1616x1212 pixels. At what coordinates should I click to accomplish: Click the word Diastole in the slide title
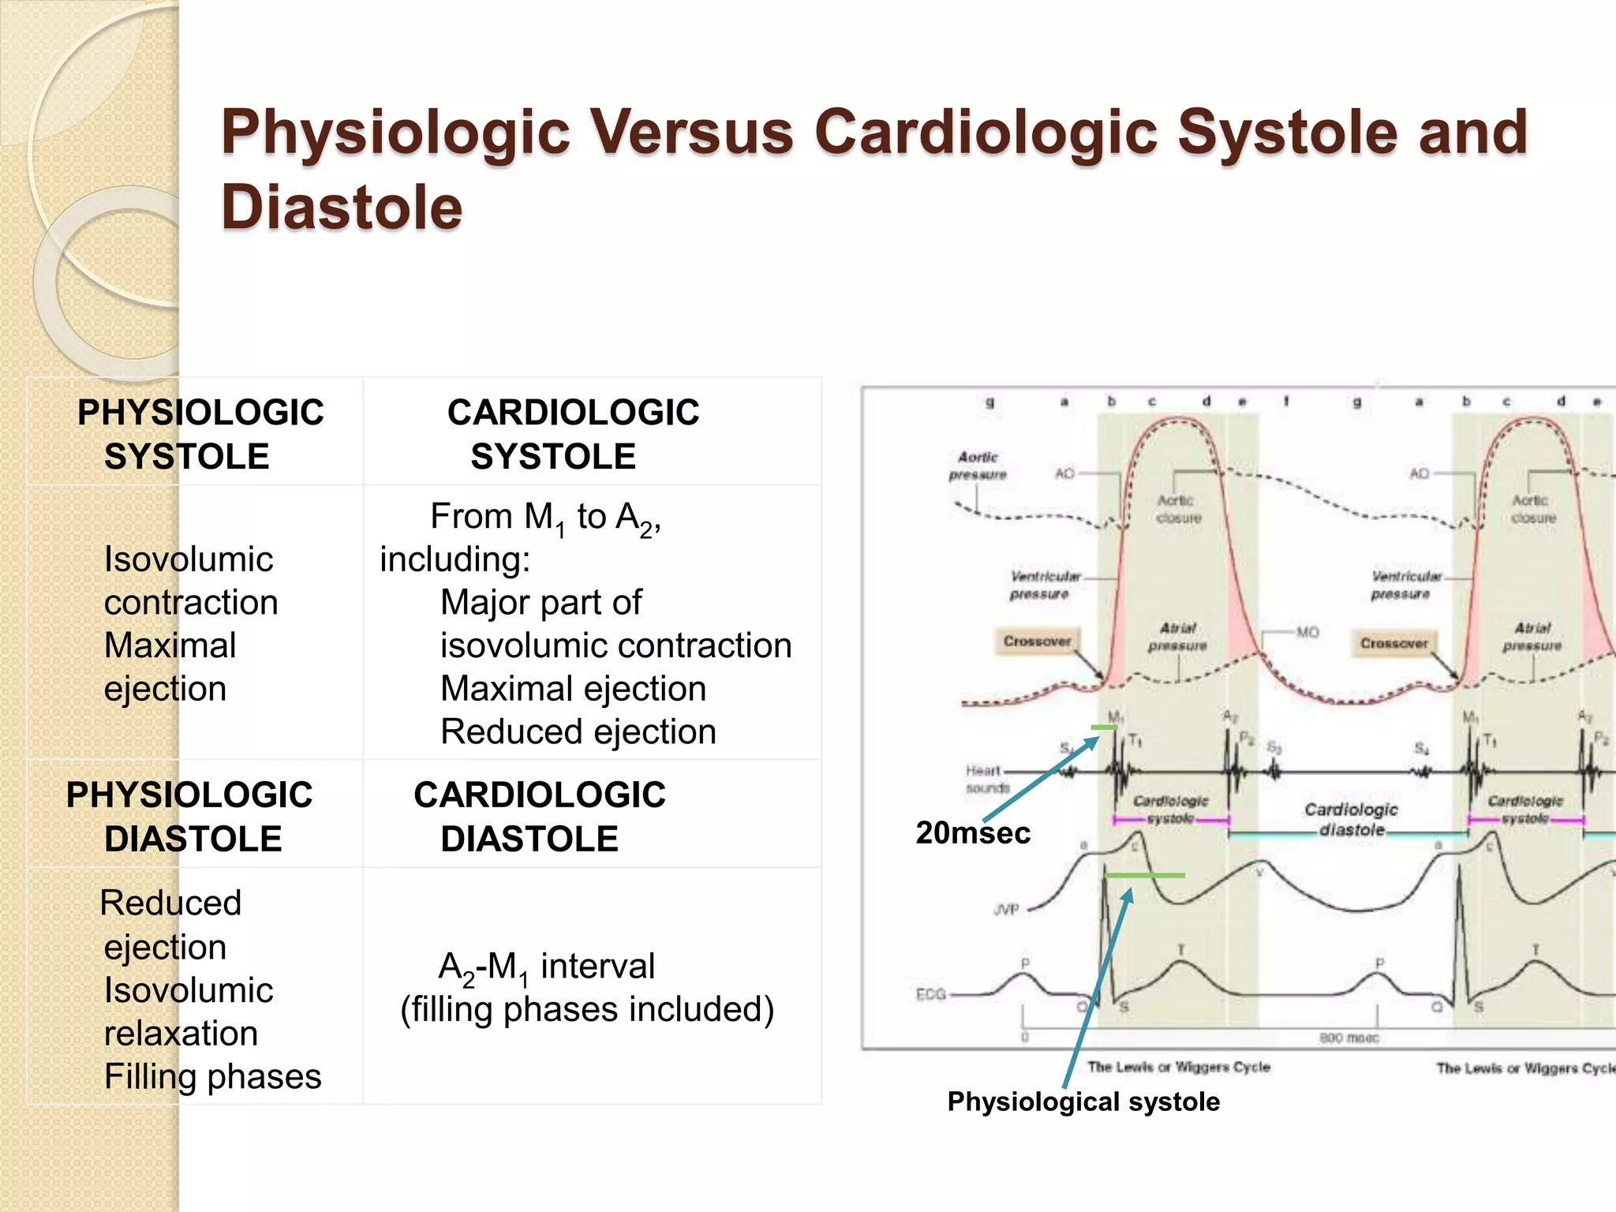(342, 208)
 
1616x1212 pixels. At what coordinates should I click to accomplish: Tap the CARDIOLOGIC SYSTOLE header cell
(573, 434)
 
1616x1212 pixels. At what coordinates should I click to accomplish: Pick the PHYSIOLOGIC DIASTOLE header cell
(189, 816)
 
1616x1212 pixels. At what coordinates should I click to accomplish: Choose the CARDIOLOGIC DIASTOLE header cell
(540, 816)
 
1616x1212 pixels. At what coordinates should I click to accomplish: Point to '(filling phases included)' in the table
(587, 1009)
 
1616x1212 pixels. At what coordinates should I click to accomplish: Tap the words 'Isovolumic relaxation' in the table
(188, 1012)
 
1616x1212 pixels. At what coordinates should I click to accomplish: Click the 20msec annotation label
(973, 833)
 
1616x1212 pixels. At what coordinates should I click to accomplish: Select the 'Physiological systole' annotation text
(1083, 1102)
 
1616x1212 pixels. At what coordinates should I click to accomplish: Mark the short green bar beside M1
(1103, 728)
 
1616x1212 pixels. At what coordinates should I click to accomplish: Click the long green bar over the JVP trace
(1144, 875)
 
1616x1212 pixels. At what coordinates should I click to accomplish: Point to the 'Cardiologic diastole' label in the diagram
(1351, 819)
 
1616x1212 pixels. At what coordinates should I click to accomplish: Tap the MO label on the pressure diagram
(1307, 632)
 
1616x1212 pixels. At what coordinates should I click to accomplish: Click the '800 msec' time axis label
(1349, 1038)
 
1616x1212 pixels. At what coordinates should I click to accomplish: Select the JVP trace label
(1006, 910)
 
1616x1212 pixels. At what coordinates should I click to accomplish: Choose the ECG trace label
(931, 994)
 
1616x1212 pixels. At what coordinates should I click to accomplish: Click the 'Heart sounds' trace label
(986, 779)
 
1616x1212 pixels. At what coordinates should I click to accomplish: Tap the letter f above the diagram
(1286, 402)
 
